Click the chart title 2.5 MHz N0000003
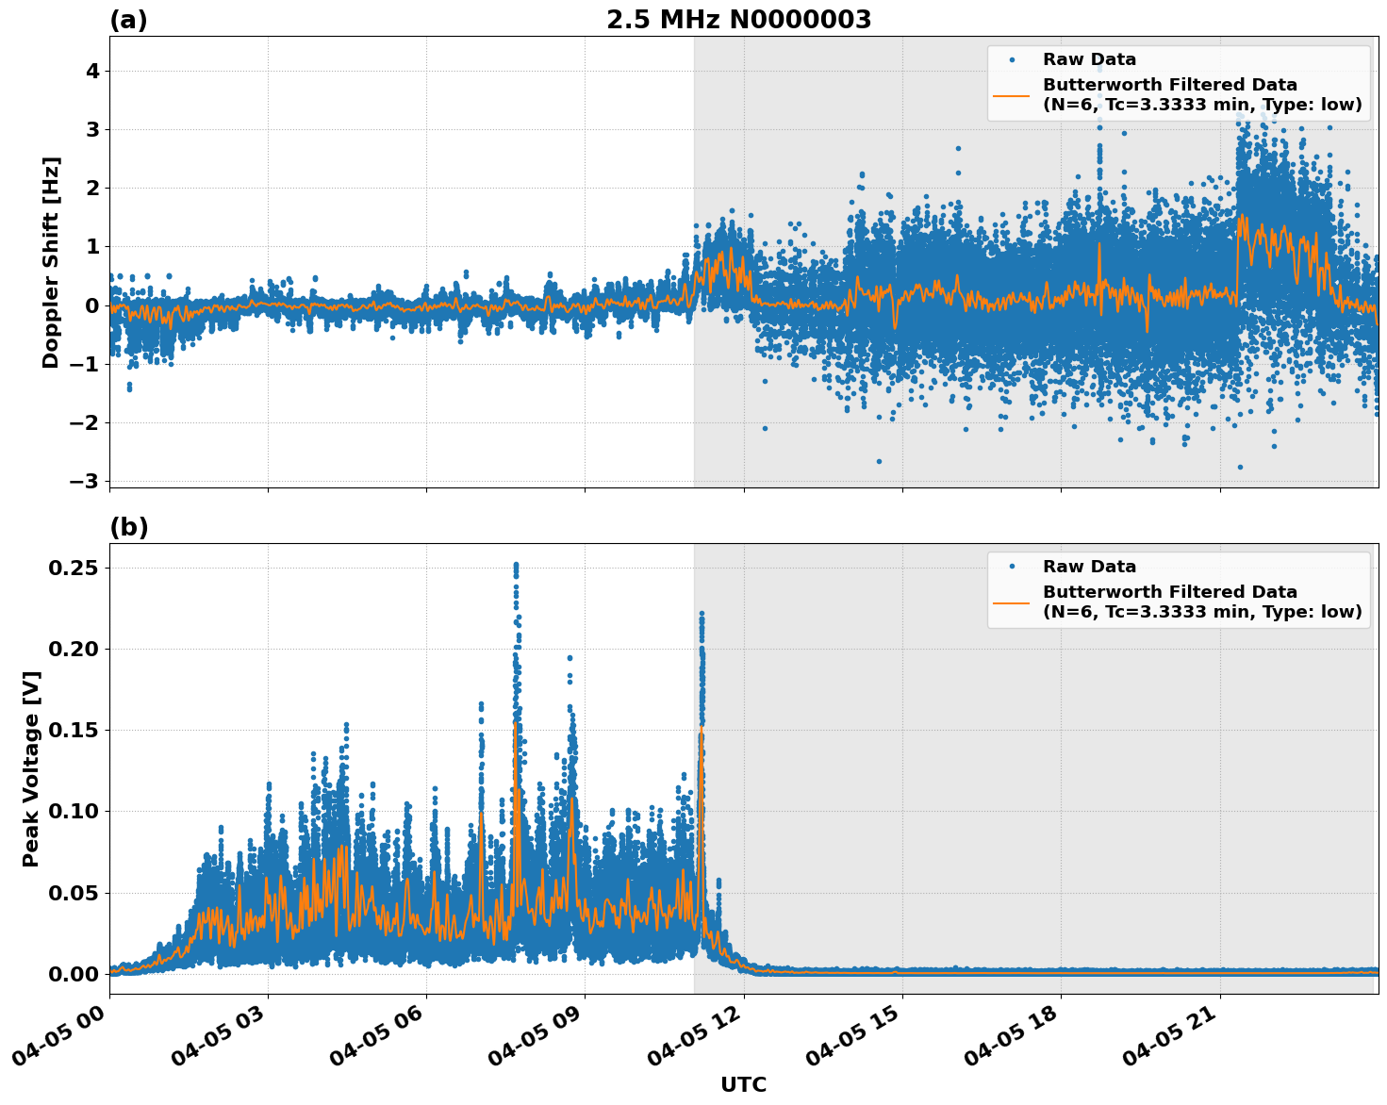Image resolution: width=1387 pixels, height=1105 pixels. [x=738, y=20]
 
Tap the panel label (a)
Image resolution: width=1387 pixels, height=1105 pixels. [x=128, y=20]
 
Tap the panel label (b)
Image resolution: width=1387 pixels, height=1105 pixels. [x=128, y=527]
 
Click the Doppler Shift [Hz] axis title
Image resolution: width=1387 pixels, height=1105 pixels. [x=51, y=262]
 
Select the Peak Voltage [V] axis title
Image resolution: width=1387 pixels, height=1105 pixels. [x=31, y=768]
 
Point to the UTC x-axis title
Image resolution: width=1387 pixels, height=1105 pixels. [x=743, y=1084]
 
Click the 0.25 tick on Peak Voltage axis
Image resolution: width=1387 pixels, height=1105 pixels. [x=73, y=568]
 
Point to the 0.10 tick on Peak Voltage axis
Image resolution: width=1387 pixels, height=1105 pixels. [x=73, y=811]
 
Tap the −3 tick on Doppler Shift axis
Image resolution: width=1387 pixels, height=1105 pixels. [x=84, y=481]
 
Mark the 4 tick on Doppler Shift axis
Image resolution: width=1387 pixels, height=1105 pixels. [x=92, y=71]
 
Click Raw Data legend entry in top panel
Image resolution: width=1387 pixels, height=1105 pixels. [x=1089, y=59]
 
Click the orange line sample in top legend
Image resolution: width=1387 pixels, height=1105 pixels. [x=1011, y=94]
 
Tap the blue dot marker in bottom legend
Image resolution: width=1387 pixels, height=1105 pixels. [x=1012, y=567]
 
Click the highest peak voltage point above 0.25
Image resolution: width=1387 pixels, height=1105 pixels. [x=516, y=565]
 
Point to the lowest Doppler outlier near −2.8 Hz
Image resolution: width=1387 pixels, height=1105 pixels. [x=1240, y=467]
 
